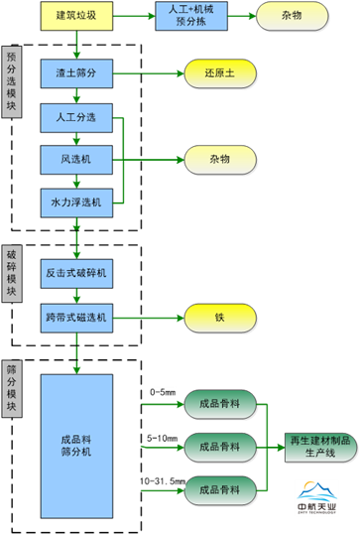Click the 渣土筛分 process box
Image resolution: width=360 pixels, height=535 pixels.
[75, 73]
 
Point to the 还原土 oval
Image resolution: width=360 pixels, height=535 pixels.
[218, 73]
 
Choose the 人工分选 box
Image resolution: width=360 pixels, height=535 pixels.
[75, 117]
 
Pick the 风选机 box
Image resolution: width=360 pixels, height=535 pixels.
[75, 159]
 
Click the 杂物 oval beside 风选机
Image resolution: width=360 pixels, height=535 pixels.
[218, 159]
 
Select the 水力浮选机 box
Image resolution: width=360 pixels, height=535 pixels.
[75, 201]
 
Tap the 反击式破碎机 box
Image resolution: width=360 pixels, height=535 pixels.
[75, 272]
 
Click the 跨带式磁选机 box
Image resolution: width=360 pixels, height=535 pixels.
[75, 318]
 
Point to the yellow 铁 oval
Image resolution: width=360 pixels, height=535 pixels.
[218, 318]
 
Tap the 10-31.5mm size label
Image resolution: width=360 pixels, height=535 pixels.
[164, 453]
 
